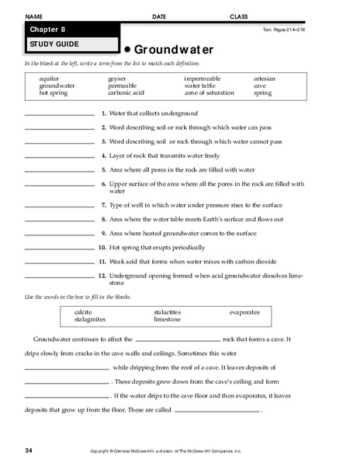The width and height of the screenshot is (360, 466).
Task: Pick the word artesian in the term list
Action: pyautogui.click(x=264, y=79)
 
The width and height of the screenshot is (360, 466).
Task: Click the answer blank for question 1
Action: pyautogui.click(x=59, y=115)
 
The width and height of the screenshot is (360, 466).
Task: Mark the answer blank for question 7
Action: pyautogui.click(x=59, y=207)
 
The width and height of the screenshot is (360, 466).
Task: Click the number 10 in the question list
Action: pyautogui.click(x=102, y=247)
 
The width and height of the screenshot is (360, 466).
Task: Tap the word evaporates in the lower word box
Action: pyautogui.click(x=244, y=312)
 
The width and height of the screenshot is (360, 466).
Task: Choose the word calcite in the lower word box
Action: pyautogui.click(x=82, y=312)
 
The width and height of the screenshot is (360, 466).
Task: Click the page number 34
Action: pyautogui.click(x=28, y=450)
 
